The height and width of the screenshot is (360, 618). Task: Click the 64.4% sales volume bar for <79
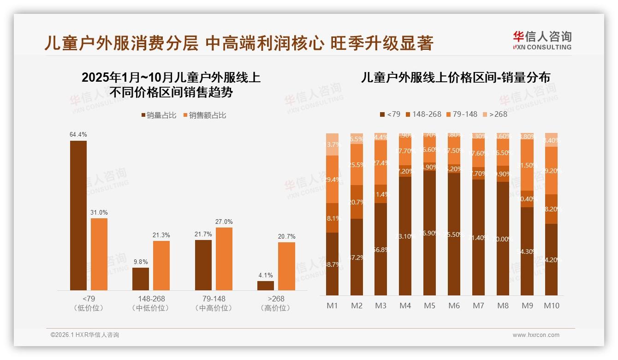click(x=78, y=215)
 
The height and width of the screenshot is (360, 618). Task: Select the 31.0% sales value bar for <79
click(x=99, y=254)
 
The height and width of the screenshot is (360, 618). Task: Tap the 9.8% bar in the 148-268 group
click(x=141, y=279)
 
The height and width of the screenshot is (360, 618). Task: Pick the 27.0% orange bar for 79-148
click(x=224, y=258)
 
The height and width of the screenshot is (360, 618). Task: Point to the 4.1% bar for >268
click(x=266, y=285)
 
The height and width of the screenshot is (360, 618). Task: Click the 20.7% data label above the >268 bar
click(x=286, y=236)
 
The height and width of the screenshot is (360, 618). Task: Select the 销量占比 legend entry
click(x=159, y=115)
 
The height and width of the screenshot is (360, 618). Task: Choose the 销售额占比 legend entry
click(x=205, y=115)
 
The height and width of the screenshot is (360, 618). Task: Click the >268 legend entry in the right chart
click(x=494, y=114)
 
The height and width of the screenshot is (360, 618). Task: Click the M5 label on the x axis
click(x=430, y=306)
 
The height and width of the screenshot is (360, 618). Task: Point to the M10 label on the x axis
click(x=551, y=306)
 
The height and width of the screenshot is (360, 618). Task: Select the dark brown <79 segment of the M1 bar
click(x=332, y=264)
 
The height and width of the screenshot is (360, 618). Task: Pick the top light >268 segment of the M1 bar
click(x=332, y=144)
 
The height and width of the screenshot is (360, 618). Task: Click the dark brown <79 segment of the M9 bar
click(x=527, y=251)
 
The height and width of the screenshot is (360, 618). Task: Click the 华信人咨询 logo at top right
click(x=542, y=40)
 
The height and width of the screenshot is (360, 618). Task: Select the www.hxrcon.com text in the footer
click(x=536, y=335)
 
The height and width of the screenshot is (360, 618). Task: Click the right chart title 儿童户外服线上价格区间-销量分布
click(x=455, y=78)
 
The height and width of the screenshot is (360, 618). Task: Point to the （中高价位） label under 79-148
click(x=214, y=308)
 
